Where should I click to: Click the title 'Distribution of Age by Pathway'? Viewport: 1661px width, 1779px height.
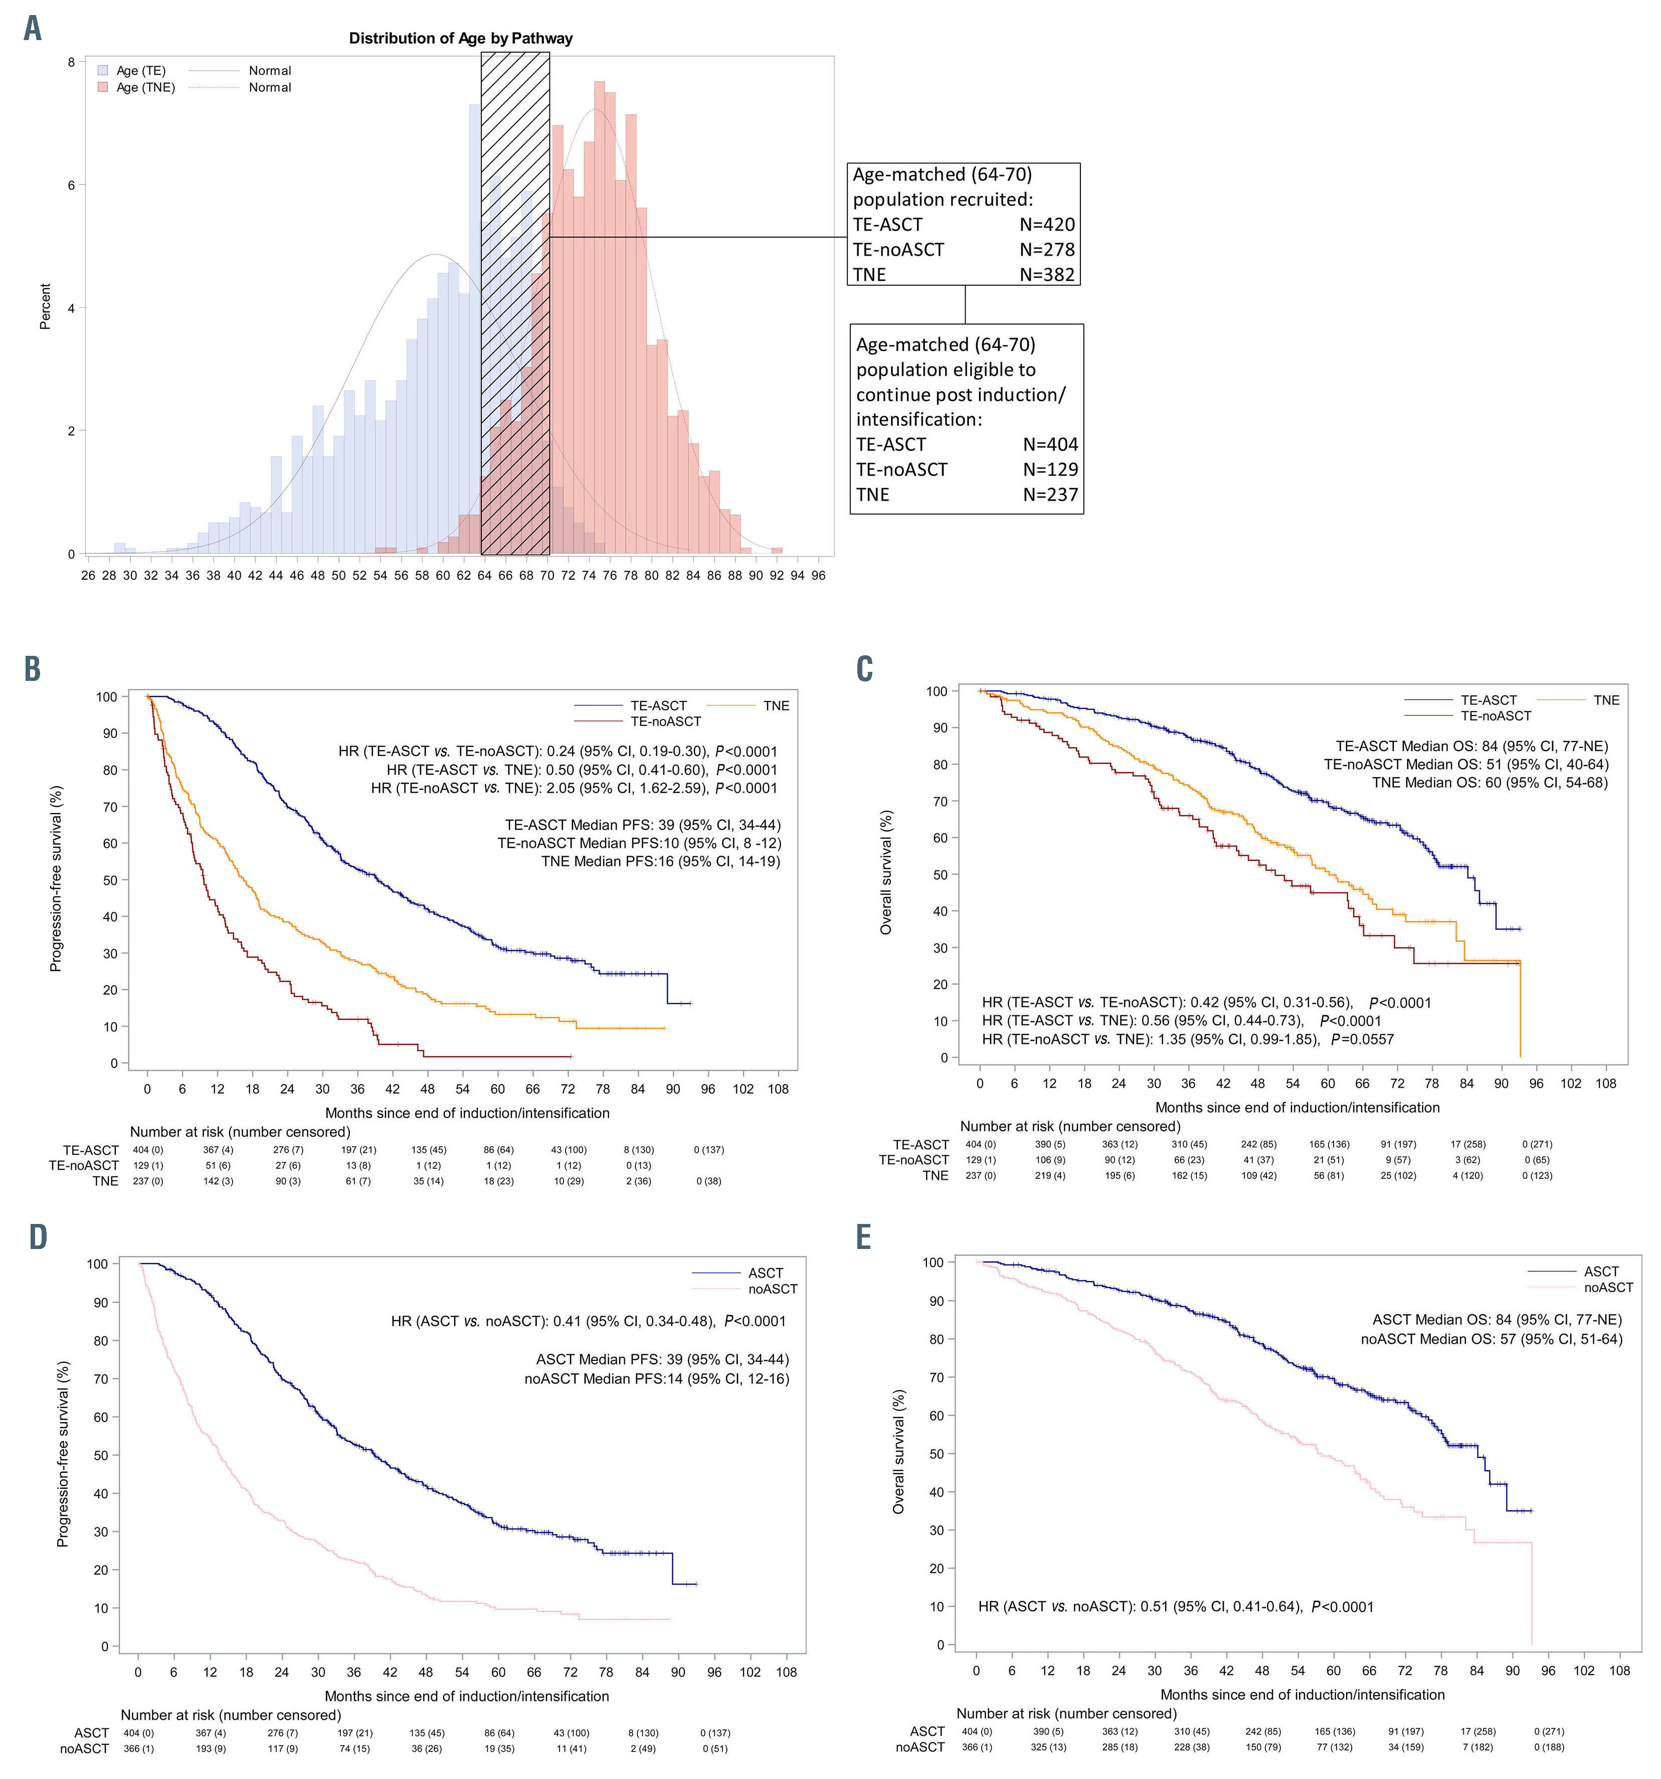tap(460, 39)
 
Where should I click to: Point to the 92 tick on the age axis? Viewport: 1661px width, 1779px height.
tap(776, 576)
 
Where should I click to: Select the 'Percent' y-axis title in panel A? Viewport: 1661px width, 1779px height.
tap(45, 307)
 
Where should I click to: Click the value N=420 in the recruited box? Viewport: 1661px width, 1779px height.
tap(1047, 225)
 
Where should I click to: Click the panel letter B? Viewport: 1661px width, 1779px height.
tap(32, 669)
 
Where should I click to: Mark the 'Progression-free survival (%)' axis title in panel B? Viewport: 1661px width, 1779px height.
tap(56, 879)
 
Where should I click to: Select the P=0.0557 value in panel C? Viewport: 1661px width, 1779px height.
tap(1362, 1039)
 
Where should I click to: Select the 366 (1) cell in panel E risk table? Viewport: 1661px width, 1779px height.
tap(976, 1747)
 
